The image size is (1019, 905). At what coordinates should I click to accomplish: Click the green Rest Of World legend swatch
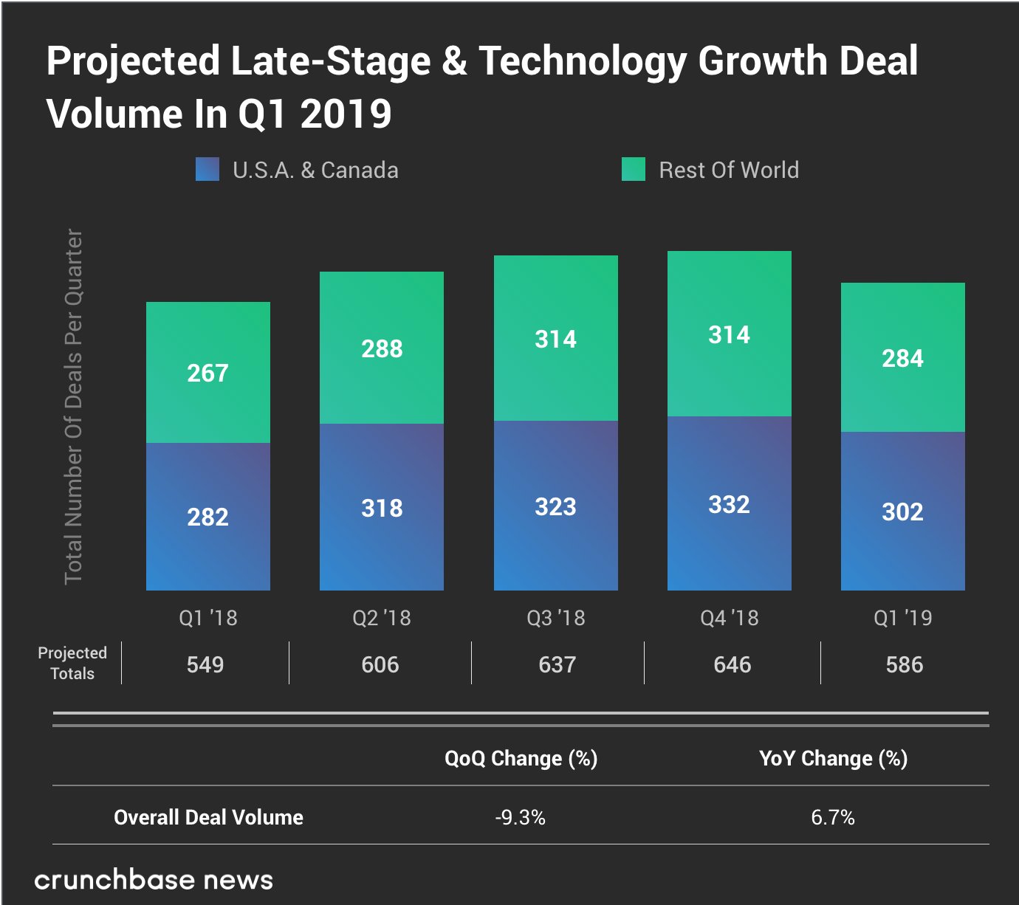(633, 169)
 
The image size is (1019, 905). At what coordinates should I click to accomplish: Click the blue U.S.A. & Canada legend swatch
(207, 169)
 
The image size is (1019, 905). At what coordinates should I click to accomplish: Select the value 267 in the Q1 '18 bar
(207, 373)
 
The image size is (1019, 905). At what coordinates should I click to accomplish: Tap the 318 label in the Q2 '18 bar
(382, 508)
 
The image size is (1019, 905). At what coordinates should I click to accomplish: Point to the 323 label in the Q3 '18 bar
(555, 506)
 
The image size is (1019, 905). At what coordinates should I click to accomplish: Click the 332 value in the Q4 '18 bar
(729, 504)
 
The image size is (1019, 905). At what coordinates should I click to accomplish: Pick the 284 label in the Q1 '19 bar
(902, 358)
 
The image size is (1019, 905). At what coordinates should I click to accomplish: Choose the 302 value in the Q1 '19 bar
(902, 512)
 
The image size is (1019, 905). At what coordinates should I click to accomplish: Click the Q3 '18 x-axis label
(555, 617)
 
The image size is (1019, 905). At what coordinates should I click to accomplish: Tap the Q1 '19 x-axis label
(902, 617)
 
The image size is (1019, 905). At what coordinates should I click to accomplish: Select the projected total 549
(205, 664)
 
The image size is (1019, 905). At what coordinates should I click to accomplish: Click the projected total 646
(732, 664)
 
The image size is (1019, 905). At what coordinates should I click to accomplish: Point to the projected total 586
(904, 664)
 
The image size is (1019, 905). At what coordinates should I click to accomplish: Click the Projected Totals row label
(72, 663)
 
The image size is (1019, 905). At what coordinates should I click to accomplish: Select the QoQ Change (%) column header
(521, 758)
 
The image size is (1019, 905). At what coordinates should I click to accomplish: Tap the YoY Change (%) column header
(833, 758)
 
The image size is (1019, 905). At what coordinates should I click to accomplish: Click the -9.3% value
(521, 817)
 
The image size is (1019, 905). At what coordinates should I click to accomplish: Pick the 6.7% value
(833, 817)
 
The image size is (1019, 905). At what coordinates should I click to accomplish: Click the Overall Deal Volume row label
(208, 817)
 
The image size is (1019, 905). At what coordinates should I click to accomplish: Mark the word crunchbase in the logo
(114, 879)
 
